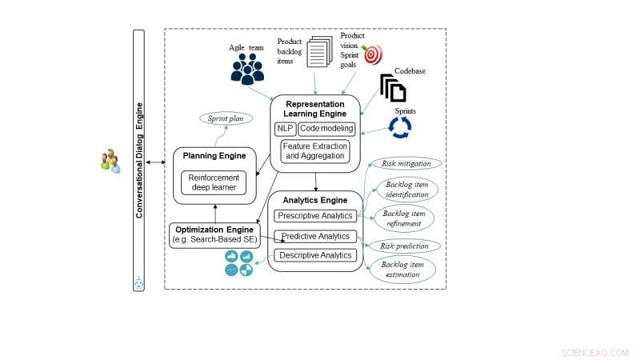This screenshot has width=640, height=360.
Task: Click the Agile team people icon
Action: click(247, 69)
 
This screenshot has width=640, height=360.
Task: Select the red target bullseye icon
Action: click(372, 55)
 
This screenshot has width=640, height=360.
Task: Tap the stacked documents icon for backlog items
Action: click(318, 54)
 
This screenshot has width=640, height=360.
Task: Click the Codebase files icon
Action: click(393, 87)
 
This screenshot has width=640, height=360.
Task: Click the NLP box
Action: click(286, 128)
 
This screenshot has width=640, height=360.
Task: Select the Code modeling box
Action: click(326, 128)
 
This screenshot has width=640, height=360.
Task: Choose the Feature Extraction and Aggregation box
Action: click(314, 150)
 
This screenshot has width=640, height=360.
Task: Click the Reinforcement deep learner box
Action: click(213, 183)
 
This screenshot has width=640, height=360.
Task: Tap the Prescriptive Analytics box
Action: click(314, 215)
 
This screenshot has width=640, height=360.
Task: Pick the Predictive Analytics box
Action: click(314, 236)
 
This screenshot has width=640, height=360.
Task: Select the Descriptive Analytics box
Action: click(314, 255)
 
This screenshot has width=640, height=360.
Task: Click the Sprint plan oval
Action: click(226, 118)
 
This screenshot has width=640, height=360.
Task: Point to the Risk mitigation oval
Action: click(406, 163)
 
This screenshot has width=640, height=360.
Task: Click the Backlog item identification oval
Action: click(406, 189)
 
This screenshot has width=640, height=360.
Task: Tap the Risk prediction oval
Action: click(405, 246)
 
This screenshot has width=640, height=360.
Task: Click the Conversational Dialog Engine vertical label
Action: click(138, 160)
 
